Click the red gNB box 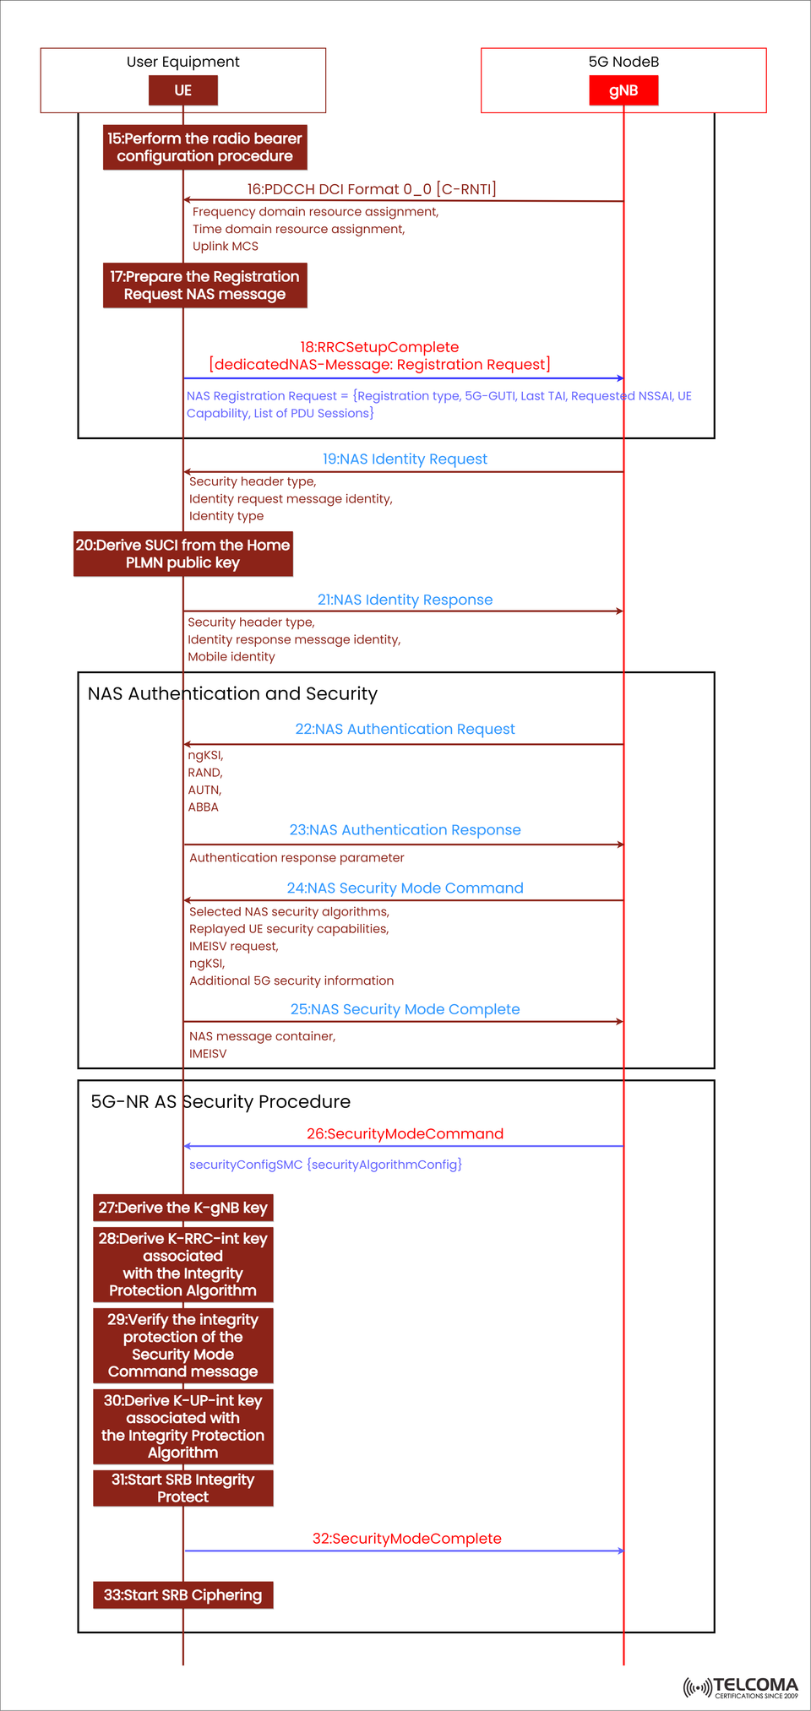(x=623, y=90)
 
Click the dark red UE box (x=183, y=90)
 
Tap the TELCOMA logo (x=741, y=1687)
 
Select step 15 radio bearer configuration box (x=204, y=147)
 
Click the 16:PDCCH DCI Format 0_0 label (x=372, y=189)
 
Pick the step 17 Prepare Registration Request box (x=204, y=285)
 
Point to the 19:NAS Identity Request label (x=405, y=459)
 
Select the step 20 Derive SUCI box (x=182, y=554)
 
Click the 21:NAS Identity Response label (x=405, y=600)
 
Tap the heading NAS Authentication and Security (x=232, y=694)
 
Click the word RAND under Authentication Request (x=204, y=773)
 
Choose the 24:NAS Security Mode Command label (x=405, y=888)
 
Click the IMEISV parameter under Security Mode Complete (x=208, y=1054)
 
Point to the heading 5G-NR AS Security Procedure (x=220, y=1102)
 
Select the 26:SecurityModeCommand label (x=405, y=1134)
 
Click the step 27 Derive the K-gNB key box (x=182, y=1208)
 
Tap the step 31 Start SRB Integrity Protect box (x=182, y=1488)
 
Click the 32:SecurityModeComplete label (x=406, y=1539)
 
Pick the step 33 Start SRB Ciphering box (x=182, y=1595)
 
